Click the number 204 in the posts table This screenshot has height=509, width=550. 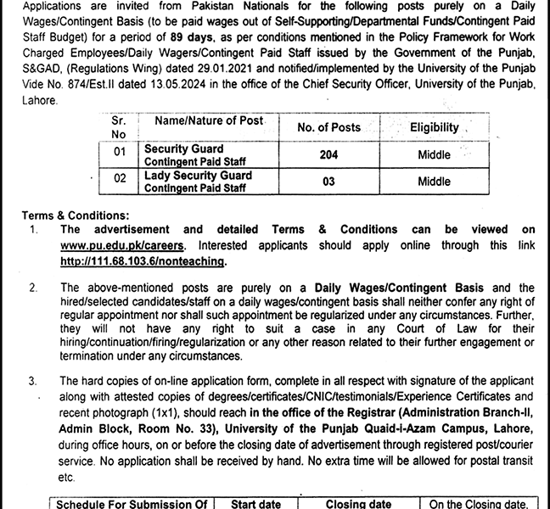point(328,155)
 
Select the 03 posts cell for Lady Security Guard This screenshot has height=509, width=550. point(328,181)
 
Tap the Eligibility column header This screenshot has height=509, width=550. point(434,127)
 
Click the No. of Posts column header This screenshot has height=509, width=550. point(328,127)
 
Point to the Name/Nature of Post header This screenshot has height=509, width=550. point(204,121)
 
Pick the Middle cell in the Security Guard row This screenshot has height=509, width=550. point(434,155)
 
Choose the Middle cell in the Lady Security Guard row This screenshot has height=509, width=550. point(434,181)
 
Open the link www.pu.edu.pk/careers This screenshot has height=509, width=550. point(106,245)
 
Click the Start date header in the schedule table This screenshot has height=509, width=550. point(256,504)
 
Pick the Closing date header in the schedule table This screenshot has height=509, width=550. point(358,504)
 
